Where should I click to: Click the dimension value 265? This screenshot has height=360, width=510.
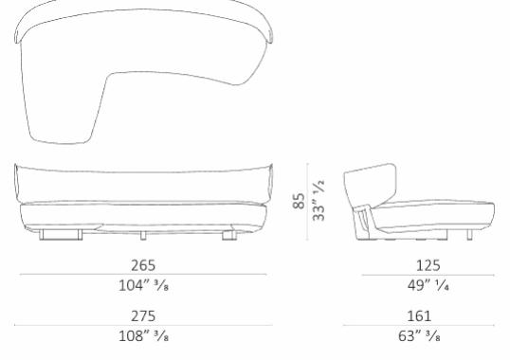click(x=143, y=265)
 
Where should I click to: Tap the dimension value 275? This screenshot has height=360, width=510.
click(x=143, y=316)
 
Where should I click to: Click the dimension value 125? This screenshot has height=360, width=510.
click(x=418, y=265)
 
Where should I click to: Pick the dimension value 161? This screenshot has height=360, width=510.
click(x=418, y=316)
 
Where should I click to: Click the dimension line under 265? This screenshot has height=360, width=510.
click(x=143, y=276)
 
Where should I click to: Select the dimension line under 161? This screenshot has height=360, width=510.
click(x=418, y=326)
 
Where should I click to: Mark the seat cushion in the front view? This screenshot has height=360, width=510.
click(x=142, y=207)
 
